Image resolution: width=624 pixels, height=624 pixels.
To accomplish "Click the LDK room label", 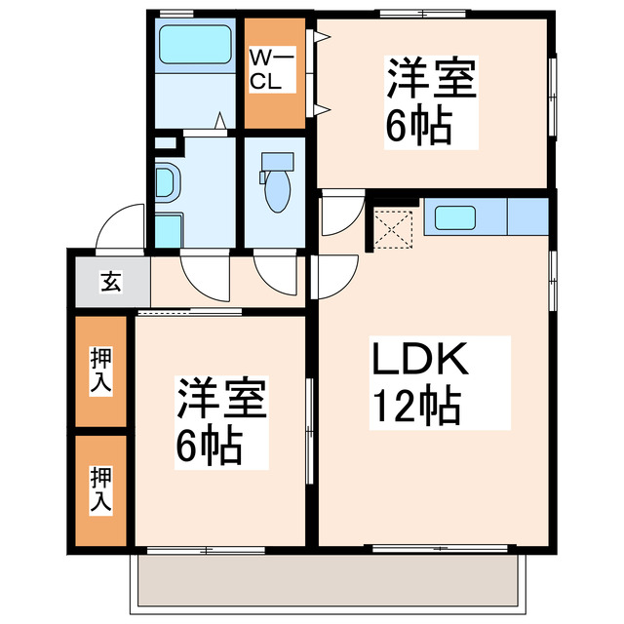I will (x=419, y=362).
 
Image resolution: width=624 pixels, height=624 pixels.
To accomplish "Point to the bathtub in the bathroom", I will (x=194, y=45).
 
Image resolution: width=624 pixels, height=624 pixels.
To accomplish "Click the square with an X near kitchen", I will (x=395, y=228).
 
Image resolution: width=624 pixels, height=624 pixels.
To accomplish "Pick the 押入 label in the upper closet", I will (x=101, y=370).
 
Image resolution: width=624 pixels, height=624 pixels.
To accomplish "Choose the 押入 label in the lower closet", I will (x=101, y=490).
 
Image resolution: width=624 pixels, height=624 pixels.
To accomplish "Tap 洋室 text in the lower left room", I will (x=222, y=400).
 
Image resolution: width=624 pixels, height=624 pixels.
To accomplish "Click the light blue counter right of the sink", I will (x=527, y=216).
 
